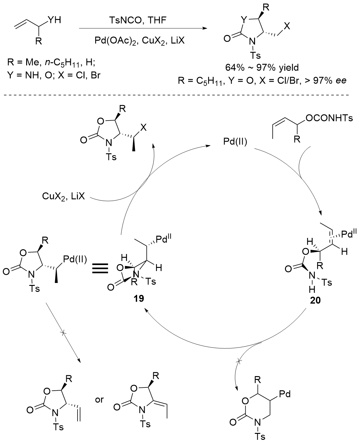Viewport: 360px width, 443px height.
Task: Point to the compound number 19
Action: pyautogui.click(x=139, y=298)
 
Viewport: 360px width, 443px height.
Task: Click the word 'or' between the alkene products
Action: pyautogui.click(x=99, y=400)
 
